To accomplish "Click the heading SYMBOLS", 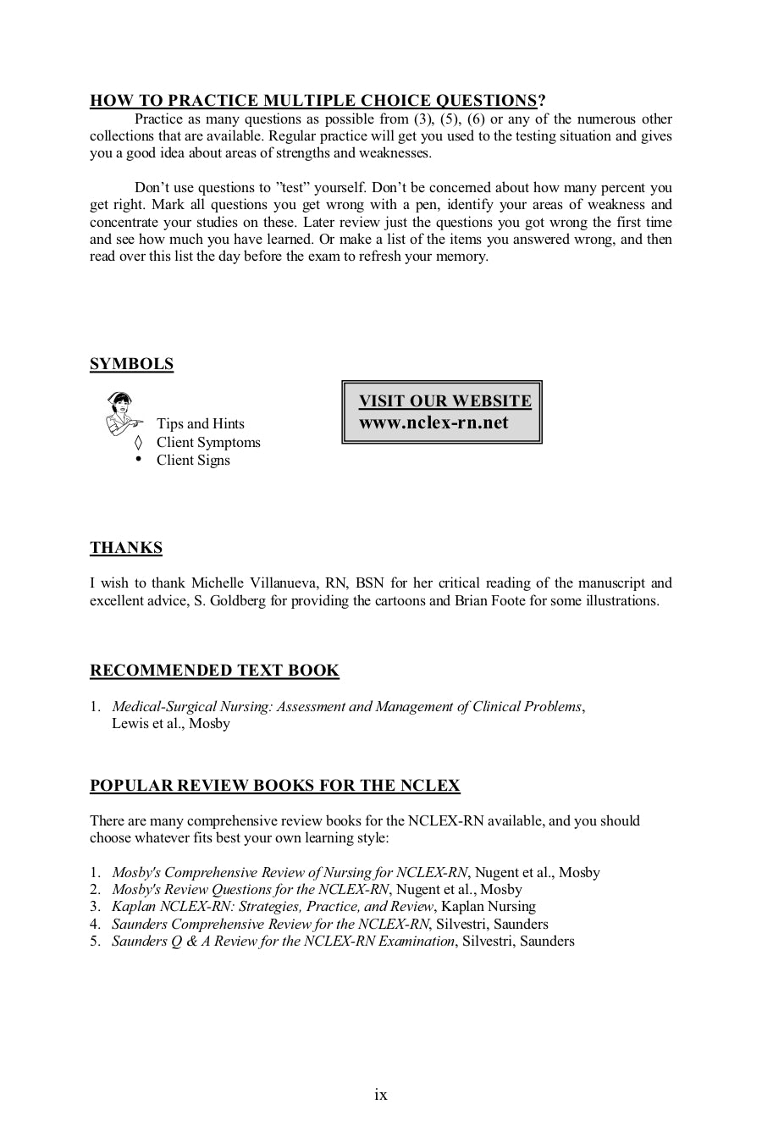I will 131,364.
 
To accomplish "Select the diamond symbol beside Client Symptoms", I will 139,442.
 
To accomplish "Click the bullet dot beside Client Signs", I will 139,458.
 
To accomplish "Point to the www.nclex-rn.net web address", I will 433,422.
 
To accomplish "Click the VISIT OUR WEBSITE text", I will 444,400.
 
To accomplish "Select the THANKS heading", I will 126,548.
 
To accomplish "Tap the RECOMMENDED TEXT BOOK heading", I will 214,671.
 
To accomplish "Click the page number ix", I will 381,1095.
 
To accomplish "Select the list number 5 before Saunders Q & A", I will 95,941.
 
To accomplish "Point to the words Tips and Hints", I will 200,424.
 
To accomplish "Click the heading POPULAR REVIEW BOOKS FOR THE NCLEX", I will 274,786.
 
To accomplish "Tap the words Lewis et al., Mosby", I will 170,724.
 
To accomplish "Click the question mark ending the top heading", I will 542,101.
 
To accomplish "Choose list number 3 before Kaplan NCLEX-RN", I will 95,907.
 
